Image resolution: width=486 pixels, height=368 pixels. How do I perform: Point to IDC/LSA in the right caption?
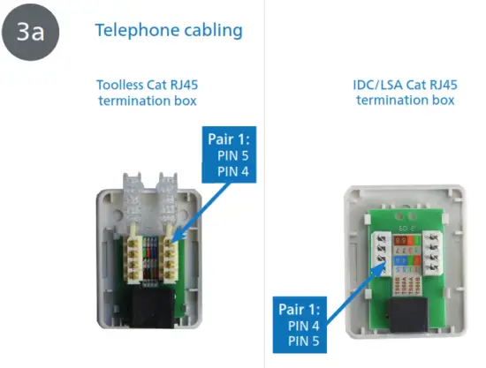pos(374,86)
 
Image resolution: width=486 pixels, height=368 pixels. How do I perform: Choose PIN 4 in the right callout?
pos(300,326)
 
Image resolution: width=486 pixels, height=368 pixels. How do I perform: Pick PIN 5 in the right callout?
pos(300,341)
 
